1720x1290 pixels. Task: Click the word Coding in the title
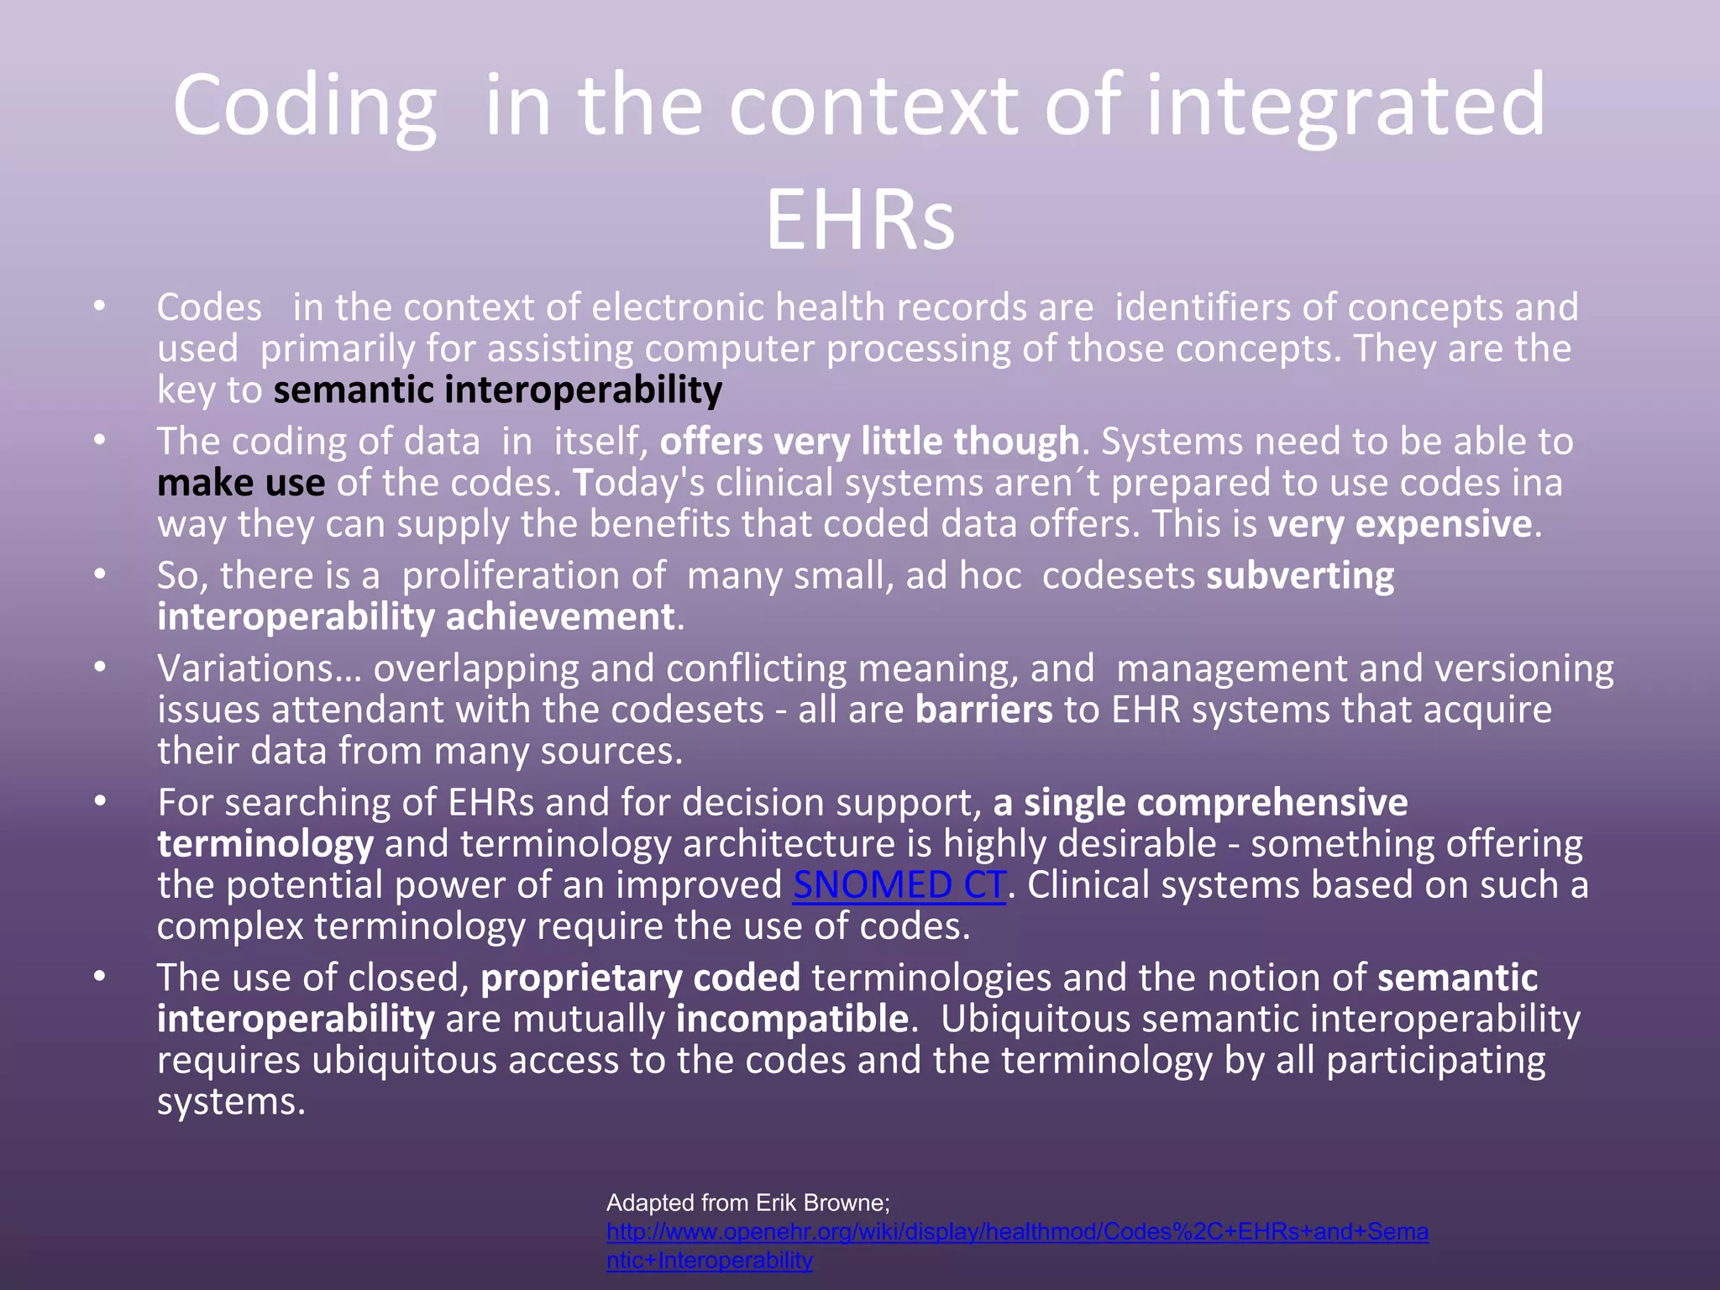click(x=304, y=107)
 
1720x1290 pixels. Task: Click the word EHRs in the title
click(x=860, y=220)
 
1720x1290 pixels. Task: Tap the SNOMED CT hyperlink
click(x=899, y=885)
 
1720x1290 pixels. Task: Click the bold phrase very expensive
click(x=1400, y=524)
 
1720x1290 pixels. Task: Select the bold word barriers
click(x=983, y=710)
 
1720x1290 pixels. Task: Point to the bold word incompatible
click(x=792, y=1019)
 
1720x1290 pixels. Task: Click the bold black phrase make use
click(x=241, y=483)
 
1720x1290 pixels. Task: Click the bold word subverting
click(x=1300, y=576)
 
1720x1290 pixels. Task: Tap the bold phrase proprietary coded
click(x=640, y=978)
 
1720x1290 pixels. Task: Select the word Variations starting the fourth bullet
click(x=258, y=669)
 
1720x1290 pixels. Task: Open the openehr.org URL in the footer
click(x=1016, y=1232)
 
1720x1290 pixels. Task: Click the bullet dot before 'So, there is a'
click(x=100, y=574)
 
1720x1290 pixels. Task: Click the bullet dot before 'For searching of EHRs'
click(x=100, y=802)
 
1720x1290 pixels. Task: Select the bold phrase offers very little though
click(x=869, y=442)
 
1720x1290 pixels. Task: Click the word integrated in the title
click(x=1345, y=107)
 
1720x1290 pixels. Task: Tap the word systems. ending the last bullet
click(x=231, y=1101)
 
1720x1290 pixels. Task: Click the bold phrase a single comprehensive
click(x=1200, y=803)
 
